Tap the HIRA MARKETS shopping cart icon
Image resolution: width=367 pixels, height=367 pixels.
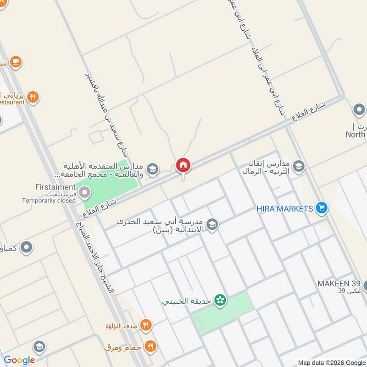(322, 208)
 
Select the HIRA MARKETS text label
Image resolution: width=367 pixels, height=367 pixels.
(284, 208)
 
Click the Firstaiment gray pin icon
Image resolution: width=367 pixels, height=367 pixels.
(84, 193)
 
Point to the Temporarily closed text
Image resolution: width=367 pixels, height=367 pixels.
(49, 200)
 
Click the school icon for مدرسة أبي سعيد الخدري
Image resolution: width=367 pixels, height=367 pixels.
(212, 224)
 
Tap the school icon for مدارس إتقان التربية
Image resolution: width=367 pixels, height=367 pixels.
(299, 166)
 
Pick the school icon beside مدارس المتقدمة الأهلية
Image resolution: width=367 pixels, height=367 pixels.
(153, 169)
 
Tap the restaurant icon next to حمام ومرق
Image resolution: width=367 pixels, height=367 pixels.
(150, 346)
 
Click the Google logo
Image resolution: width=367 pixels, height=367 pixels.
(19, 360)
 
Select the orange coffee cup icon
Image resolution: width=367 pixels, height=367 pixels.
(16, 61)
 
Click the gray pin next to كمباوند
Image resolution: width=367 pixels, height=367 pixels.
(27, 248)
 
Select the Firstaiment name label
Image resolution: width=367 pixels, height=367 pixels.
(55, 187)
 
